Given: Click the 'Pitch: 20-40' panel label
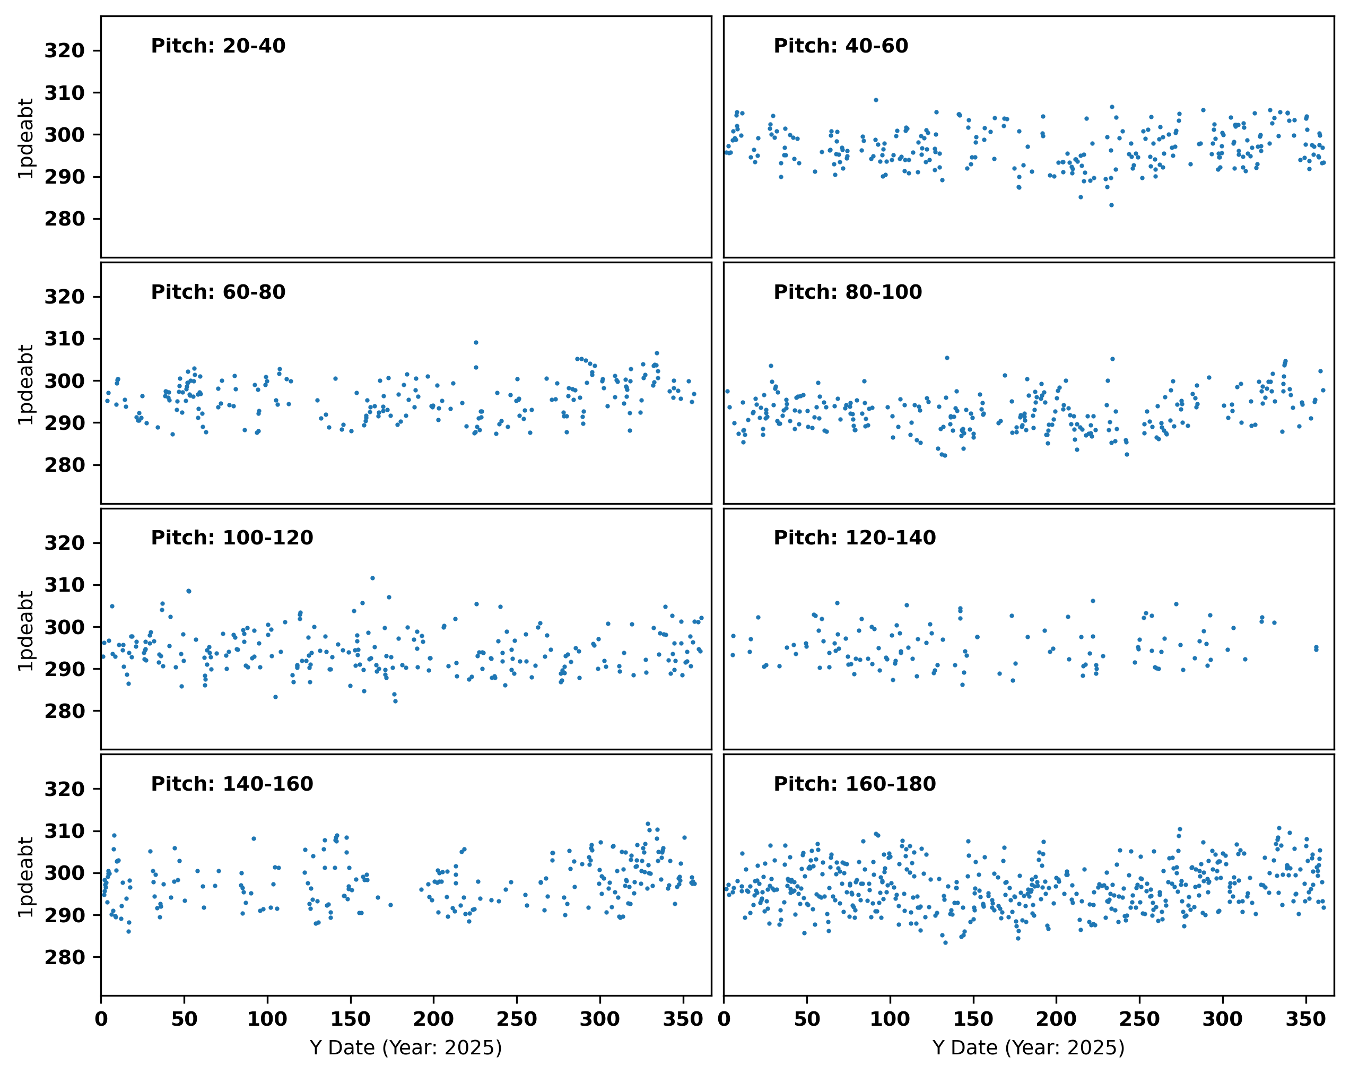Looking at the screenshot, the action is [218, 46].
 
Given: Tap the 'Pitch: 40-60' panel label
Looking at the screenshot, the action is [841, 46].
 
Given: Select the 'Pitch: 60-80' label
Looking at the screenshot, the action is [218, 292].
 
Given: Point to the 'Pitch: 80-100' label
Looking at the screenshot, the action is [848, 292].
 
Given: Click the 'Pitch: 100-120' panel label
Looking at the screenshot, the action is [232, 538].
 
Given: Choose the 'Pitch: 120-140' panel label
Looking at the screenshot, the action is [855, 538].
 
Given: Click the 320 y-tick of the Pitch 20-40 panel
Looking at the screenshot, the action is [65, 51].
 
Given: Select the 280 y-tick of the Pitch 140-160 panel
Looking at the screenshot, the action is [65, 957].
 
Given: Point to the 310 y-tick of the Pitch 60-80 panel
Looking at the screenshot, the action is [65, 339].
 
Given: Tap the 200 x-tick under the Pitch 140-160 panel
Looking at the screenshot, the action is [433, 1019].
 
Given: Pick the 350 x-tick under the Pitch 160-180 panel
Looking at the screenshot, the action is [1305, 1019].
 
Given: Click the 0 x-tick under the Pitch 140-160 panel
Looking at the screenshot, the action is [101, 1019].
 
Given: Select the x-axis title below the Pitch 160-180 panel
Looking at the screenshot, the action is [1029, 1047].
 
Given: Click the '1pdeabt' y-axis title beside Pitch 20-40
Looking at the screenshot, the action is [25, 138].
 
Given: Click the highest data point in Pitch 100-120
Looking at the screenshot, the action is [372, 578].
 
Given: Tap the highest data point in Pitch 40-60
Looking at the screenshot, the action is [876, 100].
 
